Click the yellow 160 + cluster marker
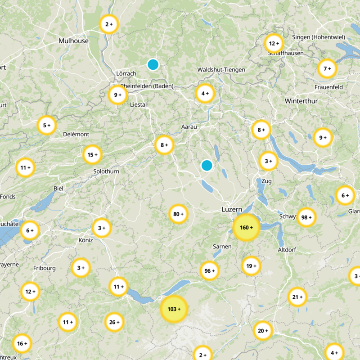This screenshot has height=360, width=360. [246, 227]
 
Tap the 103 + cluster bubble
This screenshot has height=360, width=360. [174, 309]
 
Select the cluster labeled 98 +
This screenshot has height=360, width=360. [306, 217]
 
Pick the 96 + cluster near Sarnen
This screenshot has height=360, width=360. [210, 271]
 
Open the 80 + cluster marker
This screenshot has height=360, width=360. [179, 214]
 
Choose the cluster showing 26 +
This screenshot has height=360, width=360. [115, 322]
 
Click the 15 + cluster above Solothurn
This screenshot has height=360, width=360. [92, 155]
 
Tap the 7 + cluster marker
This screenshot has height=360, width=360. [327, 69]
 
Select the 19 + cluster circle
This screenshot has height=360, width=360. [251, 266]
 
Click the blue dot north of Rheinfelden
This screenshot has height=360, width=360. [153, 64]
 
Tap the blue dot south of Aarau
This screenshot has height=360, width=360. [207, 165]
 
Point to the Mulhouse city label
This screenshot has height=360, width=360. [74, 41]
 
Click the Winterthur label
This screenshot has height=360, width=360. [301, 101]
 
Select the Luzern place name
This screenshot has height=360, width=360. [232, 210]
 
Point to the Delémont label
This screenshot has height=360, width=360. [76, 134]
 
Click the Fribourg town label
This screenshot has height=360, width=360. [44, 268]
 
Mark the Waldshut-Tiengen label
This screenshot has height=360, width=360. [221, 70]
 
